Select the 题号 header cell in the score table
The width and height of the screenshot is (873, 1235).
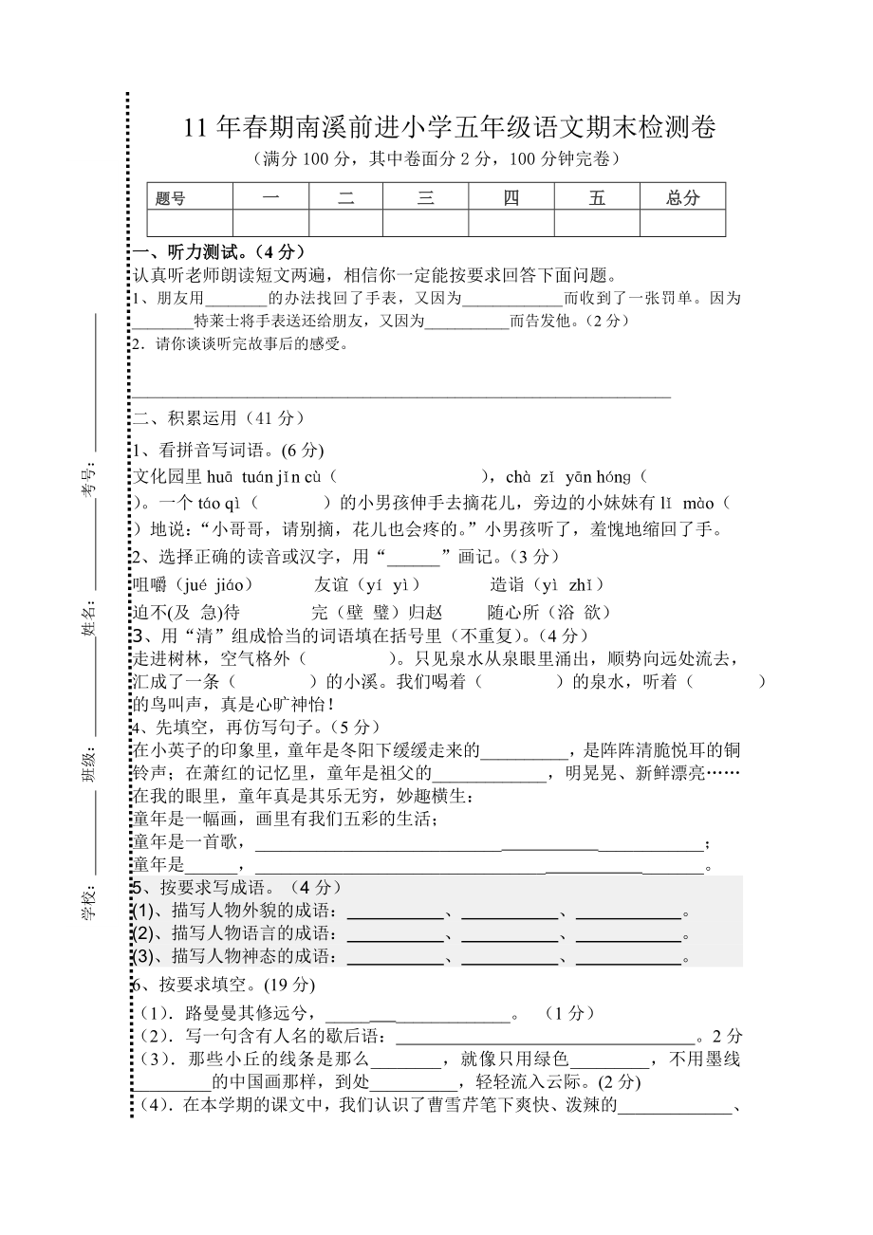coord(171,198)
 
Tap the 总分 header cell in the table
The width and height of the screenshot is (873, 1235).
coord(682,197)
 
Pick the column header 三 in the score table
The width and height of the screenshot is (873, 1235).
coord(426,197)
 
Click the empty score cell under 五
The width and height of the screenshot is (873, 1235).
coord(597,223)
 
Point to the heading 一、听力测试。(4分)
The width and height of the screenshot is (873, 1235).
coord(219,252)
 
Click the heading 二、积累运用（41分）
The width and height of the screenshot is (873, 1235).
coord(218,417)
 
